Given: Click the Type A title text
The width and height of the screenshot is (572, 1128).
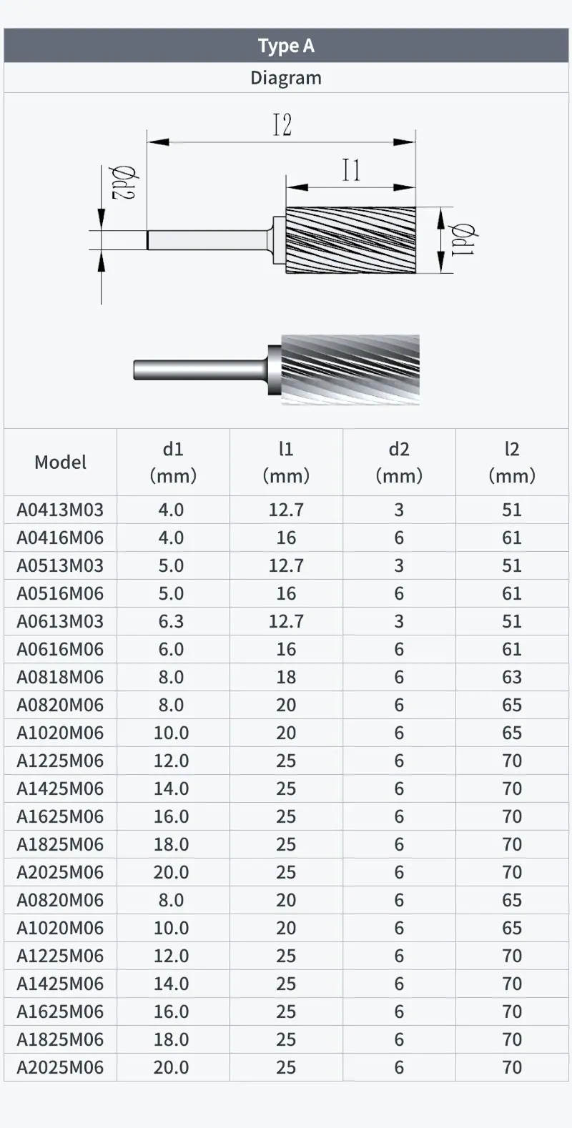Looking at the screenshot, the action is (286, 46).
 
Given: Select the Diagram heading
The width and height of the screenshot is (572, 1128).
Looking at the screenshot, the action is (286, 78).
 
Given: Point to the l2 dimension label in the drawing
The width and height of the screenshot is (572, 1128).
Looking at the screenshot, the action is (282, 125).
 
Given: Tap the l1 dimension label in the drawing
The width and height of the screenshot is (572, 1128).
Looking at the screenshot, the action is (352, 170).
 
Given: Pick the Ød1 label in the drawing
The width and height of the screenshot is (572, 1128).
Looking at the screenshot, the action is (463, 239).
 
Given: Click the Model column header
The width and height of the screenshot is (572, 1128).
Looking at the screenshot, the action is (61, 462).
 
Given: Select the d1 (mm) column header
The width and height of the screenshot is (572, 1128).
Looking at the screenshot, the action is (173, 462).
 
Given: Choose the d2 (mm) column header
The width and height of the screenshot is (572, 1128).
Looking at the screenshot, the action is (399, 462).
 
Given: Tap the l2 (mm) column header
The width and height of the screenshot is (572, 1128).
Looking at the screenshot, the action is (512, 462).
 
